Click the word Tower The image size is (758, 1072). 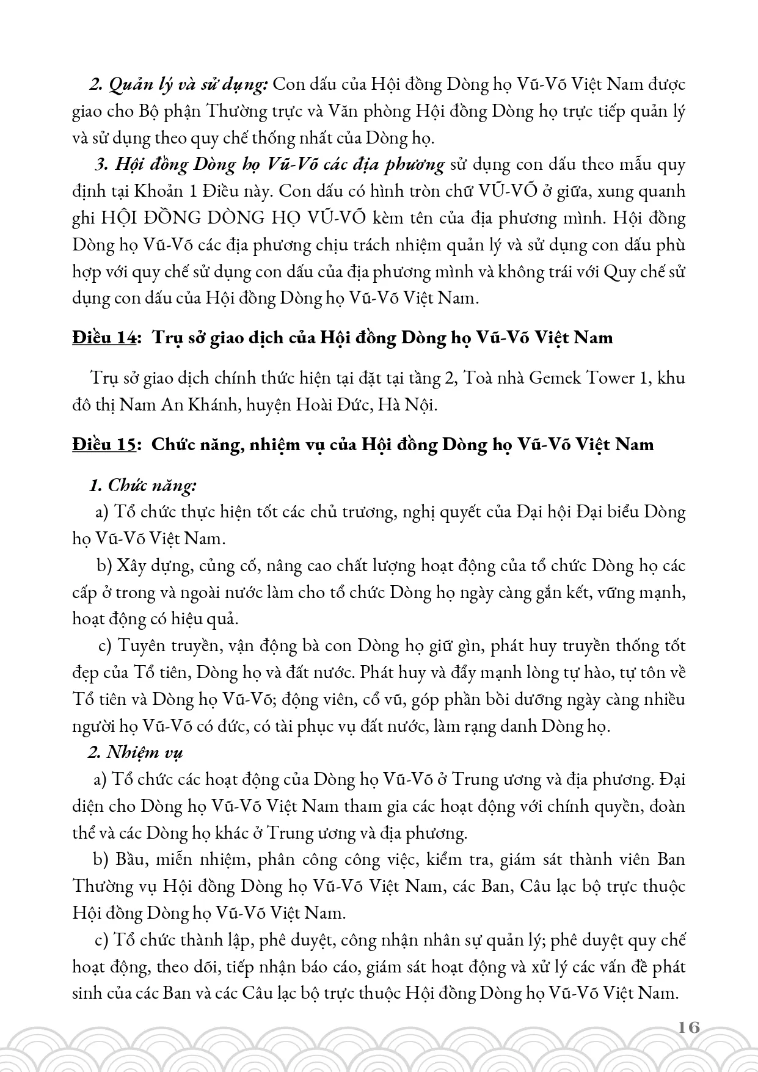614,378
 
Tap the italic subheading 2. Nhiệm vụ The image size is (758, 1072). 136,752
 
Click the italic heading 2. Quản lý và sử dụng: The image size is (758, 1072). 179,85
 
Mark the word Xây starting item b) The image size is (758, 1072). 132,566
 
